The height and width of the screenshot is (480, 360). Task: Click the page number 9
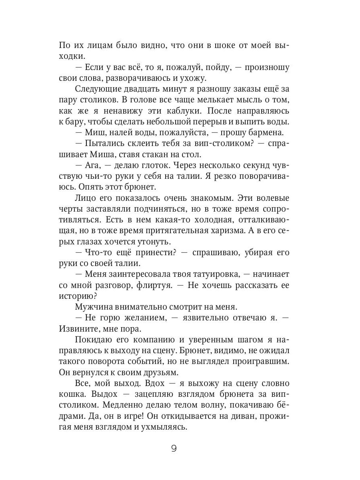click(174, 448)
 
